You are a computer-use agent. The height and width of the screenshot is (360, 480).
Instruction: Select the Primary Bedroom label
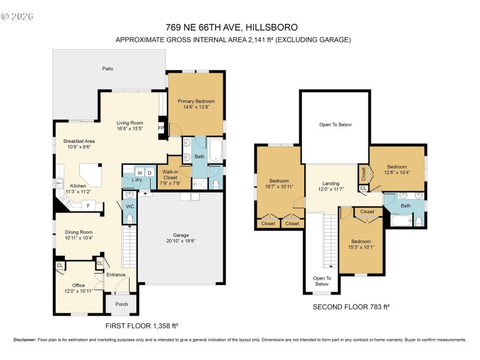[196, 101]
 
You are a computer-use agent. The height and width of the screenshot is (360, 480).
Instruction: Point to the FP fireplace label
[161, 128]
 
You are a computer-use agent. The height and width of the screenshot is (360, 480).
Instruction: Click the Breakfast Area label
[79, 141]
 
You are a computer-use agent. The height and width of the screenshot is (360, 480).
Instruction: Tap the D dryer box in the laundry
[149, 173]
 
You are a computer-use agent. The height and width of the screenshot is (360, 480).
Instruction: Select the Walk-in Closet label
[170, 175]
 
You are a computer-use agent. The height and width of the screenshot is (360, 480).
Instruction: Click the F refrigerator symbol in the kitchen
[88, 206]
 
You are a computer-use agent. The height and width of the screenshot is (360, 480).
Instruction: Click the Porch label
[122, 304]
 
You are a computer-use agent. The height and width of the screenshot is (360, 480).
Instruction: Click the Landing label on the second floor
[331, 184]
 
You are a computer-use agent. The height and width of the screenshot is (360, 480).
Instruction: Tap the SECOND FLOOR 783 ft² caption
[351, 306]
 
